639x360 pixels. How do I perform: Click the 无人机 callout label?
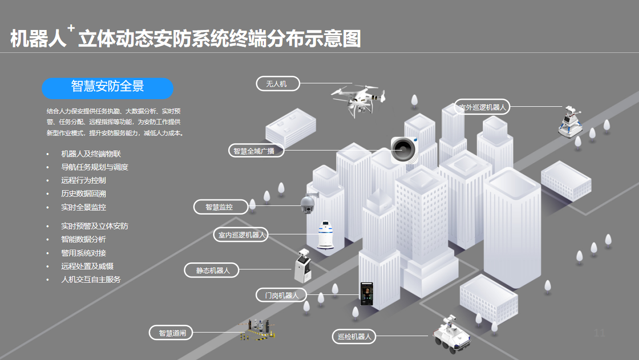pos(277,84)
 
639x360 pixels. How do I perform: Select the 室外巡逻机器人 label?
pos(482,107)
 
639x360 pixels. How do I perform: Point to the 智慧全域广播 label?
pos(256,151)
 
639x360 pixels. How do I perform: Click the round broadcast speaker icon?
pos(404,149)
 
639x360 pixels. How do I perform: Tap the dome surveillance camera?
pos(308,204)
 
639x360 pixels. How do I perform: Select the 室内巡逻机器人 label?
pos(240,235)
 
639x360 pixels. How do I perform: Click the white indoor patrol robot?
pos(325,235)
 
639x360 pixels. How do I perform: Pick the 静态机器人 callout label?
pos(211,270)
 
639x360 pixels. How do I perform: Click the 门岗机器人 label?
pos(281,295)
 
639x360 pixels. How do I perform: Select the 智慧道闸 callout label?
pos(172,333)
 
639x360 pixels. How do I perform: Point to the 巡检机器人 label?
pos(354,337)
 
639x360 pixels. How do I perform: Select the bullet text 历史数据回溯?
pos(83,194)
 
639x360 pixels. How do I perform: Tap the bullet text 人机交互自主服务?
pos(90,279)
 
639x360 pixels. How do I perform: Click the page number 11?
pos(599,333)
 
